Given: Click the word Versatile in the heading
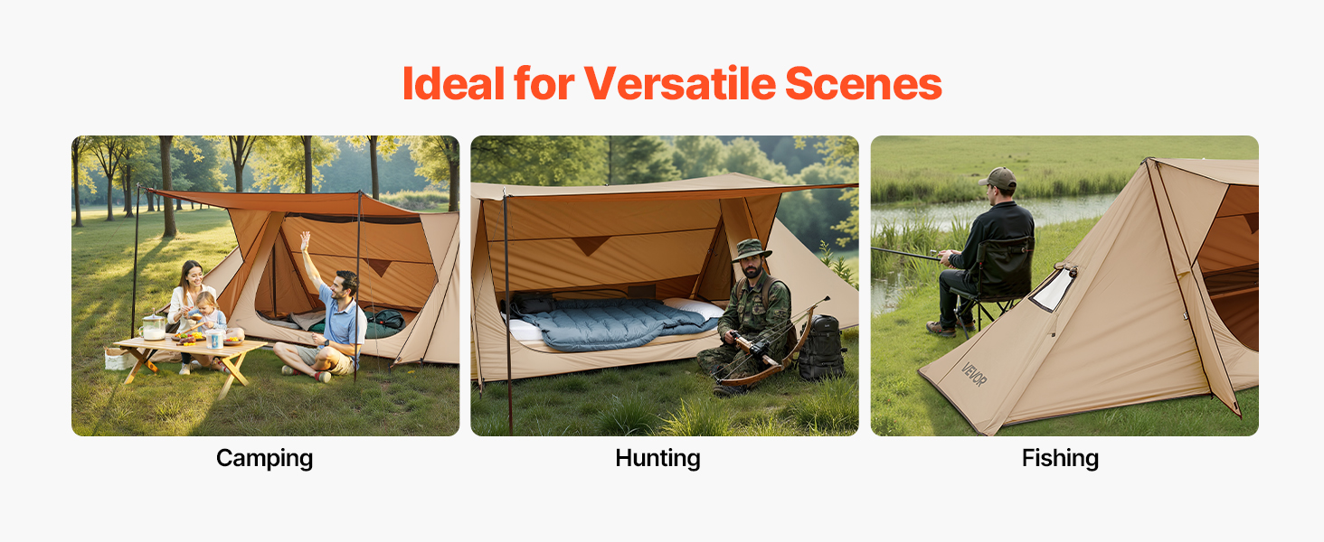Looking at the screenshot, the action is coord(680,83).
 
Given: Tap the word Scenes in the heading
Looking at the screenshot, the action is coord(864,83).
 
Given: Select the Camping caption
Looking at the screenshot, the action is coord(264,459).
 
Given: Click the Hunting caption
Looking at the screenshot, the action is coord(657,458).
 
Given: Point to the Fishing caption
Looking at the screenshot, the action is coord(1061,458).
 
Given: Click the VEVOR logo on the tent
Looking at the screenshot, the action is coord(973,374).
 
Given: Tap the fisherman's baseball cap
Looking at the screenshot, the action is coord(998,178).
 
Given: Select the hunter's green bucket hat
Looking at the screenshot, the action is coord(752,249).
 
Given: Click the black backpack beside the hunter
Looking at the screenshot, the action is coord(821,349).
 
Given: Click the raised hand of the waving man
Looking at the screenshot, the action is coord(305,239).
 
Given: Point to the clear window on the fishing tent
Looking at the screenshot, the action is coord(1054,289).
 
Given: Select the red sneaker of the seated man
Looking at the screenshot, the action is coord(323,376).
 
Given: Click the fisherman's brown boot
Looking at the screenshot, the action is coord(941,329).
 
